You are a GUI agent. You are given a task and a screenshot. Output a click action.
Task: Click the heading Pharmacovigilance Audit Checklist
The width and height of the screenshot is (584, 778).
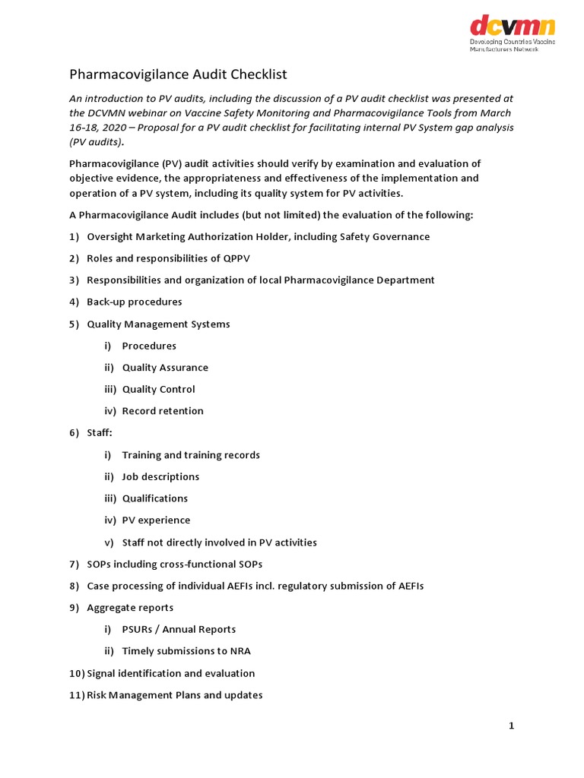click(178, 74)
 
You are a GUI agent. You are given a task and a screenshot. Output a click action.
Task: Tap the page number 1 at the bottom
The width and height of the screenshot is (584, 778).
click(512, 726)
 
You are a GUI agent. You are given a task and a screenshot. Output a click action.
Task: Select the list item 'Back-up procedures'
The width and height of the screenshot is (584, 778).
click(134, 302)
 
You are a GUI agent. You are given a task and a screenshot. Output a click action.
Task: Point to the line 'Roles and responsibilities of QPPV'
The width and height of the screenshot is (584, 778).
click(167, 258)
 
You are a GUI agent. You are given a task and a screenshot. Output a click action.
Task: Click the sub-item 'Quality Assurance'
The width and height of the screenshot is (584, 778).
click(164, 368)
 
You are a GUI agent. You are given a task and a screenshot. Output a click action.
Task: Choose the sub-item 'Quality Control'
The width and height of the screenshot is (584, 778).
click(158, 389)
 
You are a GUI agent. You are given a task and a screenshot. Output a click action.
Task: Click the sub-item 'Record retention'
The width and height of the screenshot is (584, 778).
click(163, 411)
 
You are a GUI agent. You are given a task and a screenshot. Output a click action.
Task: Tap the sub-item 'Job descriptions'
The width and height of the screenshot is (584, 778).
click(160, 477)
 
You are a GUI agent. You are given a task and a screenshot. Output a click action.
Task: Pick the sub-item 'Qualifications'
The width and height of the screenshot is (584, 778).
click(154, 498)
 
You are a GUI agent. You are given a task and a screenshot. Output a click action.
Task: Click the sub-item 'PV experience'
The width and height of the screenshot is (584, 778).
click(156, 520)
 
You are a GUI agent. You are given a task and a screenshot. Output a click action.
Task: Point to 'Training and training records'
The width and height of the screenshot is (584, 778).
click(190, 455)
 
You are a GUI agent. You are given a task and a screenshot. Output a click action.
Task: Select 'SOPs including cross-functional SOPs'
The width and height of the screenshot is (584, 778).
click(174, 565)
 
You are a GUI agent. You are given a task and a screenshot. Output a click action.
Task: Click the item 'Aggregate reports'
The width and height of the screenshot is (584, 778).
click(129, 608)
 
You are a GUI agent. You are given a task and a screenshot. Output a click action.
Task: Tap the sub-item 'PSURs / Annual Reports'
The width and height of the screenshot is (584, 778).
click(179, 629)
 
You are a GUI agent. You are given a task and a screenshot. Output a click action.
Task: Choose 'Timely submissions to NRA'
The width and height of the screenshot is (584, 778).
click(186, 651)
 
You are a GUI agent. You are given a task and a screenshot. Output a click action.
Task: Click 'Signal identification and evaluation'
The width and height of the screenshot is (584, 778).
click(170, 673)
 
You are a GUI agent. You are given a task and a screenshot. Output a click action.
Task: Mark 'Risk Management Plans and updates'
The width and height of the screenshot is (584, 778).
click(174, 695)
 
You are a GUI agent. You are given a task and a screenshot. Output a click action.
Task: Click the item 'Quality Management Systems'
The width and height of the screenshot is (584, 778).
click(157, 324)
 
